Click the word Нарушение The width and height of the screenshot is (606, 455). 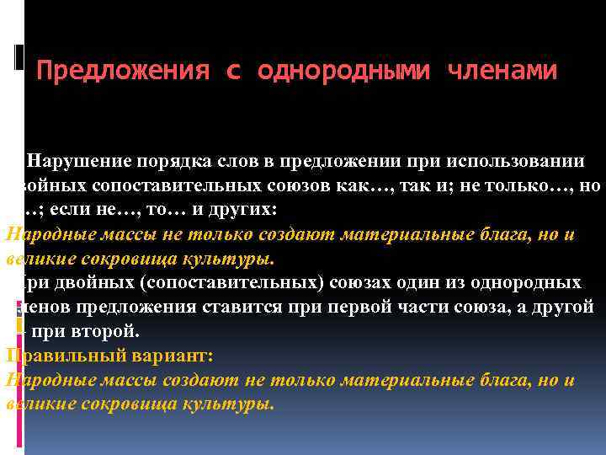(x=79, y=161)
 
